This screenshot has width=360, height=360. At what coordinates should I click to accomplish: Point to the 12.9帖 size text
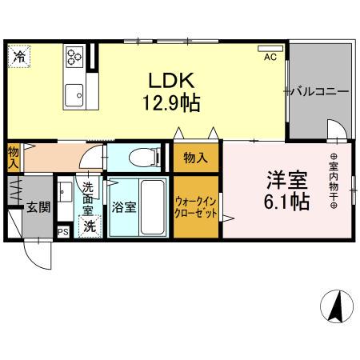coord(172,103)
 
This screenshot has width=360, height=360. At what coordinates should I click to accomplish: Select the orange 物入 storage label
coord(195,158)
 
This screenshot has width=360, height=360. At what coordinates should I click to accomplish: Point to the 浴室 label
coord(123,206)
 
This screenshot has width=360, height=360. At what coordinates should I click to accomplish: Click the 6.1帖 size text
coord(287,202)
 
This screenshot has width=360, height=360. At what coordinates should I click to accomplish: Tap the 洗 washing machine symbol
coord(90,226)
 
